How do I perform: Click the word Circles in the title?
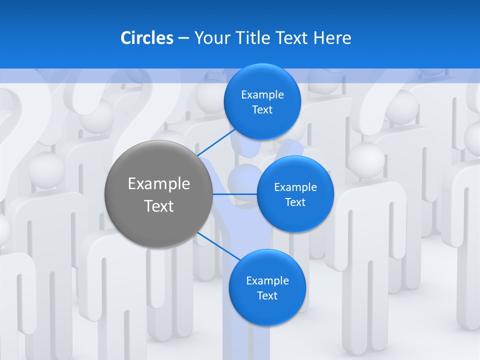tap(146, 38)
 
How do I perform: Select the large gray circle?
tap(159, 194)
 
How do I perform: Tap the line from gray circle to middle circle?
tap(235, 194)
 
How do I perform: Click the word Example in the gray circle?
tap(159, 184)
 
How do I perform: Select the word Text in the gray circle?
tap(159, 206)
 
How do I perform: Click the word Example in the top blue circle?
tap(262, 95)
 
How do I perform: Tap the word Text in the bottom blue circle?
tap(267, 295)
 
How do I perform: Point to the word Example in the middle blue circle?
tap(295, 187)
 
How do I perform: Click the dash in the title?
tap(183, 38)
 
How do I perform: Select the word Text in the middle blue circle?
tap(295, 202)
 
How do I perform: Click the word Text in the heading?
tap(292, 38)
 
